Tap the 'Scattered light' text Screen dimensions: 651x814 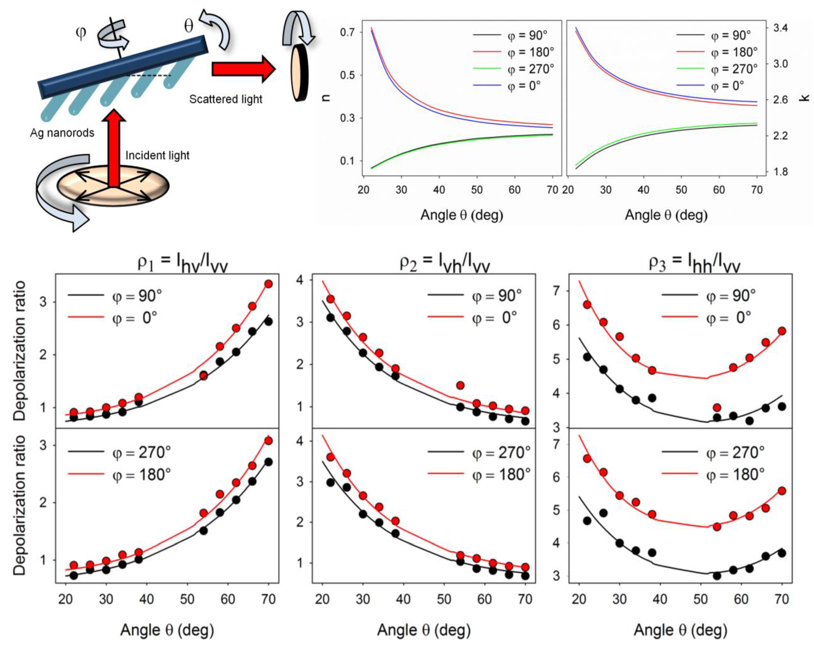(225, 99)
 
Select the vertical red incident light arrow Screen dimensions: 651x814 (114, 147)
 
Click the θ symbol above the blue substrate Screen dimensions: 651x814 (188, 26)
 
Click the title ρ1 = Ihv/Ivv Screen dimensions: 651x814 (182, 263)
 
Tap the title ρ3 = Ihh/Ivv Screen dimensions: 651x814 (694, 263)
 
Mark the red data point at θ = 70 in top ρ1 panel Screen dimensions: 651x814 (268, 284)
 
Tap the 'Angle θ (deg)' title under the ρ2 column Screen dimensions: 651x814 (424, 630)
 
